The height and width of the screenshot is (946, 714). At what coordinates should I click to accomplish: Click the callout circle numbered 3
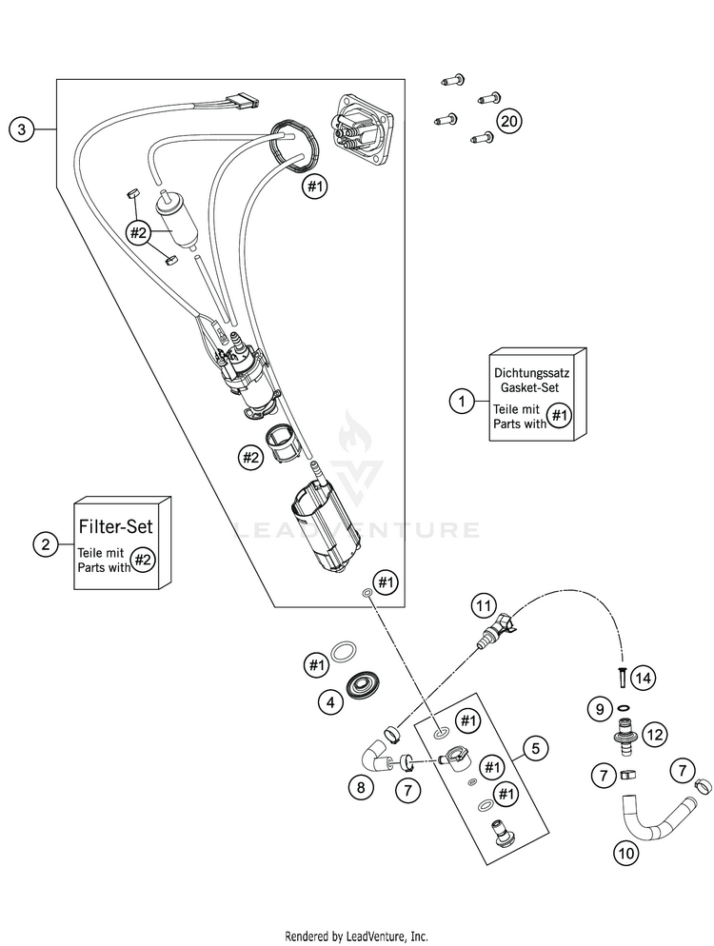(21, 129)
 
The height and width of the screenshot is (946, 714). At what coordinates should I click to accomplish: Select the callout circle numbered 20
(510, 121)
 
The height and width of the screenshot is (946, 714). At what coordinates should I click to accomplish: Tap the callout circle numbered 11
(484, 605)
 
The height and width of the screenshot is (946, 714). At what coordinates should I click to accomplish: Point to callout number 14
(645, 679)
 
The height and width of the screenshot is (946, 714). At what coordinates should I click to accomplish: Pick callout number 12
(654, 734)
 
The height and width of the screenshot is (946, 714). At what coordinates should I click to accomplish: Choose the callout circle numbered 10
(625, 854)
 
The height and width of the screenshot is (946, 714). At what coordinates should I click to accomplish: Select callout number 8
(359, 787)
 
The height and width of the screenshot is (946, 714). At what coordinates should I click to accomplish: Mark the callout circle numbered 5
(536, 748)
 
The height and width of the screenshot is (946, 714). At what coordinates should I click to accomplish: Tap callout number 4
(329, 703)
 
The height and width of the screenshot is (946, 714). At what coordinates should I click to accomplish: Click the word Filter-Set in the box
(123, 523)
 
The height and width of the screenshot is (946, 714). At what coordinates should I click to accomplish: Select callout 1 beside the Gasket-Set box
(462, 403)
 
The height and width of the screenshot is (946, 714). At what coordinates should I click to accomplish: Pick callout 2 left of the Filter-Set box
(44, 545)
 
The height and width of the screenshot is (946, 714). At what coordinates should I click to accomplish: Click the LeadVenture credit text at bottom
(357, 936)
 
